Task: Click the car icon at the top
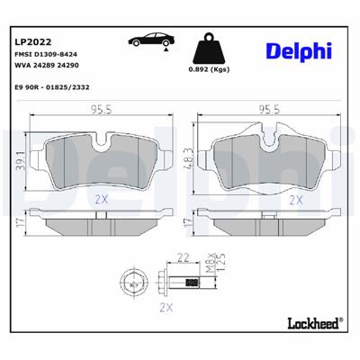(x=149, y=41)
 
